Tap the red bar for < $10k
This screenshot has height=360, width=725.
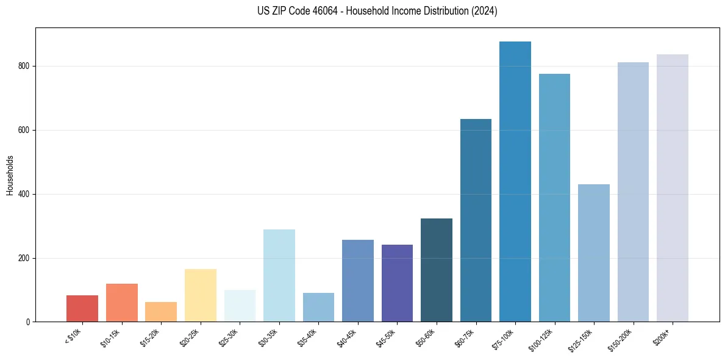pyautogui.click(x=82, y=309)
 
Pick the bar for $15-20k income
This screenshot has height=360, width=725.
pyautogui.click(x=161, y=312)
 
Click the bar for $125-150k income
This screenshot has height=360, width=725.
pyautogui.click(x=593, y=253)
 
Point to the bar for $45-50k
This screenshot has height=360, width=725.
pyautogui.click(x=397, y=283)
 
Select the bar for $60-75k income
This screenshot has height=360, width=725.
pyautogui.click(x=476, y=220)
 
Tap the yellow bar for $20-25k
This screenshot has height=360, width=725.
pyautogui.click(x=200, y=295)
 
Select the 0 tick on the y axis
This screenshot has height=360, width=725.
pyautogui.click(x=28, y=322)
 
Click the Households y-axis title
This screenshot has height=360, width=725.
pyautogui.click(x=10, y=175)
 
